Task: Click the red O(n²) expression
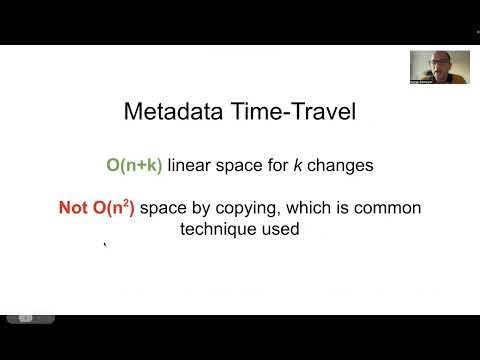click(x=115, y=208)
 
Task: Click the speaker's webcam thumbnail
click(x=439, y=67)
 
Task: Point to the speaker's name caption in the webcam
click(x=426, y=80)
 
